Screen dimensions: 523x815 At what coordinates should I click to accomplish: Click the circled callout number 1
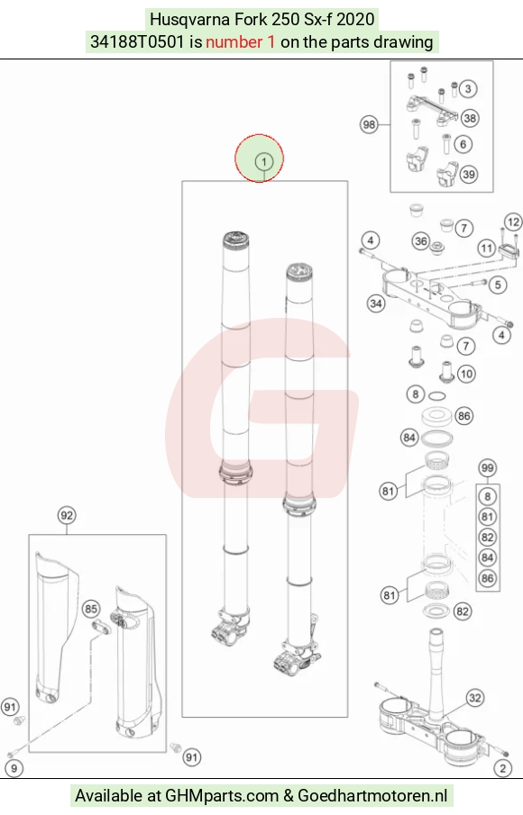point(264,161)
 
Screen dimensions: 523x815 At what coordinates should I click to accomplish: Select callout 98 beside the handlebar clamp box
point(369,125)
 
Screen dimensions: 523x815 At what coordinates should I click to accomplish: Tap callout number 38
point(470,119)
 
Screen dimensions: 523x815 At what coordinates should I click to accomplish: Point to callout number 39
point(469,174)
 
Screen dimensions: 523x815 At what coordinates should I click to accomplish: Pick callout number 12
point(513,222)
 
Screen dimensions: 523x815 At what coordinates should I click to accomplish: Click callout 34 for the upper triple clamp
point(376,303)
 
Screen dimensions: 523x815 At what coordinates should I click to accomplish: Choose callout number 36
point(421,241)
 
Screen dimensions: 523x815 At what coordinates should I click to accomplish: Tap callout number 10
point(466,374)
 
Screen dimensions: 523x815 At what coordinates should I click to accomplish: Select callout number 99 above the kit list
point(487,467)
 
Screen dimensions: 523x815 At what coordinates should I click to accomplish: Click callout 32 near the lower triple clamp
point(474,698)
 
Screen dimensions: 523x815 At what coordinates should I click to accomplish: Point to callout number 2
point(502,768)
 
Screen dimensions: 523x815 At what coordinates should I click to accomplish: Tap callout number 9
point(14,768)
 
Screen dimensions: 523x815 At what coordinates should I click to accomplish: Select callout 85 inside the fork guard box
point(91,609)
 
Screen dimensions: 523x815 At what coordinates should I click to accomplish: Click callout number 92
point(67,515)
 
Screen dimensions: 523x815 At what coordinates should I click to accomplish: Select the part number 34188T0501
point(137,41)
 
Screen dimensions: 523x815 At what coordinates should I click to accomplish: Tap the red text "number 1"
point(241,41)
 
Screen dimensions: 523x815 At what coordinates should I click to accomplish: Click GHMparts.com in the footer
point(222,795)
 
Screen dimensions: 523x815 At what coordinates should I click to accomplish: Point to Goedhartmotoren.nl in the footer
point(372,795)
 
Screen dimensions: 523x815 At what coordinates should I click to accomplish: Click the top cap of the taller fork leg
point(237,241)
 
